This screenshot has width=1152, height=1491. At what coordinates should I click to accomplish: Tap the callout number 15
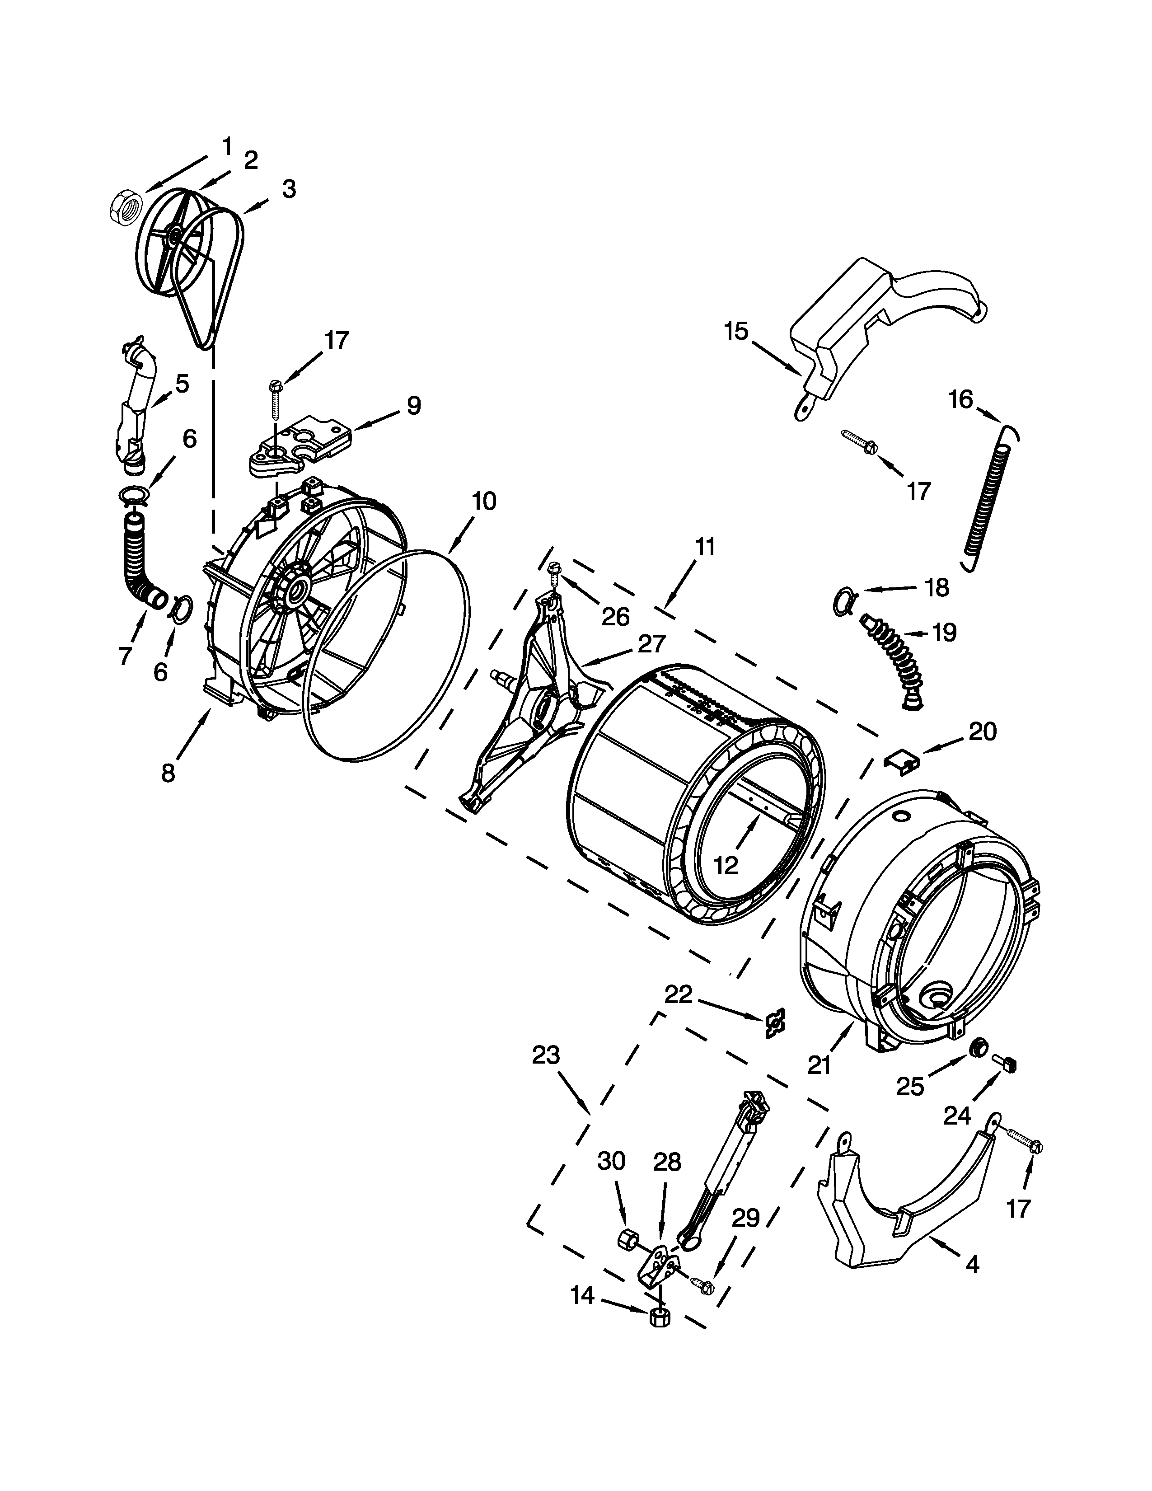(x=736, y=331)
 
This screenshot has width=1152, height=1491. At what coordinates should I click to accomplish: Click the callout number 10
(x=484, y=502)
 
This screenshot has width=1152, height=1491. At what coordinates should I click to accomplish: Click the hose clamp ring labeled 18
(x=845, y=600)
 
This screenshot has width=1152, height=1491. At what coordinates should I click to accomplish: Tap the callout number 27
(x=652, y=644)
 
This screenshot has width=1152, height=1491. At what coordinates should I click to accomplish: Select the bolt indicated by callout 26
(x=554, y=571)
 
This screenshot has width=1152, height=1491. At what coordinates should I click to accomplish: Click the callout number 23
(x=546, y=1055)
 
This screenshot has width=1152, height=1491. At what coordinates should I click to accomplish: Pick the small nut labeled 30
(x=627, y=1239)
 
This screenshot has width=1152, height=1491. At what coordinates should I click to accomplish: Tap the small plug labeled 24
(x=1007, y=1063)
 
